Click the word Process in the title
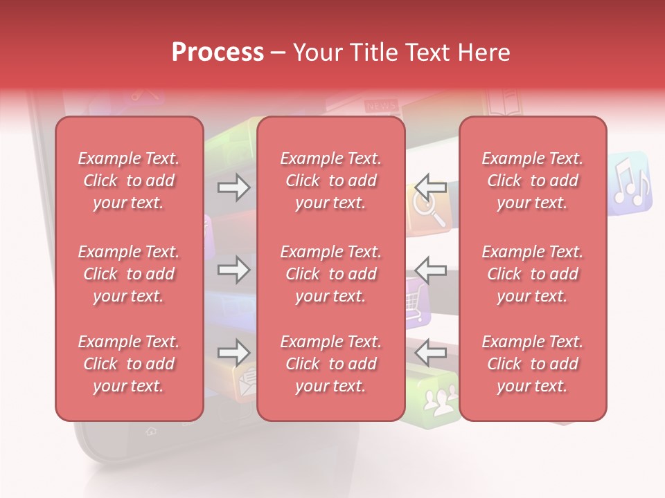[218, 53]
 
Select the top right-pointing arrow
[233, 187]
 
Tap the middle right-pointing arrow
[233, 270]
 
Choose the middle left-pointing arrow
[431, 270]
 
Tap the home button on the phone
[150, 432]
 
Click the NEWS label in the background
[380, 105]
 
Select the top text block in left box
[129, 181]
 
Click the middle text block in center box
[330, 274]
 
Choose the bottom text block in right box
[532, 364]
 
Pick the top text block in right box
[532, 181]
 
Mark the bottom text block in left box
[129, 364]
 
